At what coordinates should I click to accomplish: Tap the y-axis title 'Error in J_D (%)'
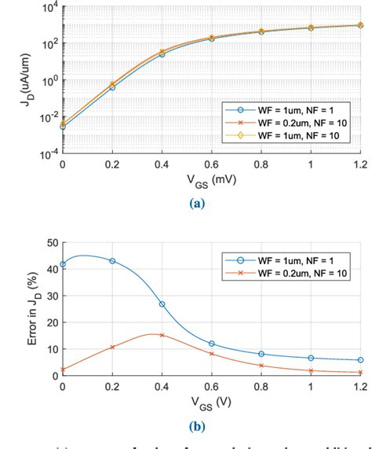pos(16,309)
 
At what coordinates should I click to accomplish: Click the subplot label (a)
pos(211,203)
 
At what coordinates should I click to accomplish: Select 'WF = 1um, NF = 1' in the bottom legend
pos(301,256)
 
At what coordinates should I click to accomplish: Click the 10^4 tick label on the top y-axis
pos(46,8)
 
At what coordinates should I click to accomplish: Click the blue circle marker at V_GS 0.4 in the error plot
pos(162,304)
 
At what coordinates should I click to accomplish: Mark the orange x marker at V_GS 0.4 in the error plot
pos(162,335)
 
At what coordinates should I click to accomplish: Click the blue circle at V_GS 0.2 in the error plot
pos(112,260)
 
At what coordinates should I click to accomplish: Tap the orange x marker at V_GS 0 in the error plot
pos(63,369)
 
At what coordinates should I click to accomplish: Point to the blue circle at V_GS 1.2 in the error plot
pos(360,360)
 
